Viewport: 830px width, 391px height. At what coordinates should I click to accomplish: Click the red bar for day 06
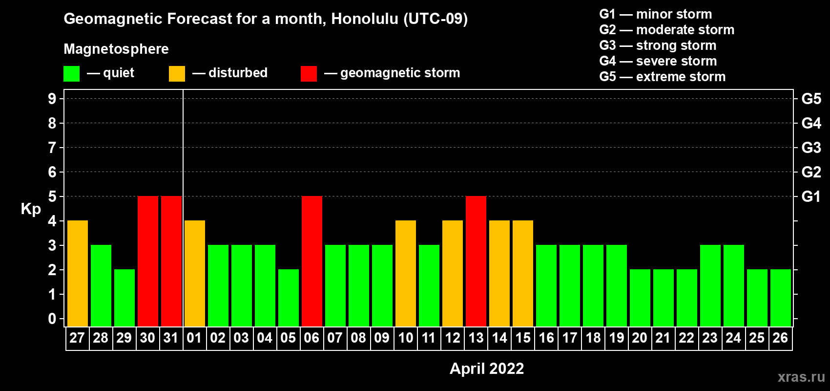(311, 261)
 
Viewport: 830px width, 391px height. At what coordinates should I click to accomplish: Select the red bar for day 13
(476, 261)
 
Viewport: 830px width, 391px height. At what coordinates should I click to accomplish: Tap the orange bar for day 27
(78, 273)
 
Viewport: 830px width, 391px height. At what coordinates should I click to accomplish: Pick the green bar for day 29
(124, 298)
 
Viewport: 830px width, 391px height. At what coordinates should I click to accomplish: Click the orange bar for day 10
(405, 273)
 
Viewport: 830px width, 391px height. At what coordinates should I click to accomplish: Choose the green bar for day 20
(640, 298)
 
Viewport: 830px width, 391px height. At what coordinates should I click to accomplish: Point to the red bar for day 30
(148, 261)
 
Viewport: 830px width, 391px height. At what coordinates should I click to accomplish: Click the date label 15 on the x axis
(523, 338)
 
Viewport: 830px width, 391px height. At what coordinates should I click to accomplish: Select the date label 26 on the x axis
(780, 338)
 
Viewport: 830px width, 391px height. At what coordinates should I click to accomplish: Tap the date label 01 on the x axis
(194, 338)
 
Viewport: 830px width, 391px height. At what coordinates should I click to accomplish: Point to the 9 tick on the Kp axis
(52, 99)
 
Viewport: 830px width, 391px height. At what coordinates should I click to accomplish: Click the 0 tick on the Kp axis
(52, 319)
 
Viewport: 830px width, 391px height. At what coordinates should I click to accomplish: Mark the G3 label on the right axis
(811, 148)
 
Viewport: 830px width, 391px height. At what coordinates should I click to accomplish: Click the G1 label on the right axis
(811, 196)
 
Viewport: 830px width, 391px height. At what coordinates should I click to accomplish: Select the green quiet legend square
(71, 73)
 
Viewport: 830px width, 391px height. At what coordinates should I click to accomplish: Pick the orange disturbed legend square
(177, 73)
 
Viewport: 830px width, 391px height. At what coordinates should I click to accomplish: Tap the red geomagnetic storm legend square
(309, 73)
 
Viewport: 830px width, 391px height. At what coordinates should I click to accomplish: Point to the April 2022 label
(486, 369)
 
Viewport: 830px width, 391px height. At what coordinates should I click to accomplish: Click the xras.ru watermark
(801, 377)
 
